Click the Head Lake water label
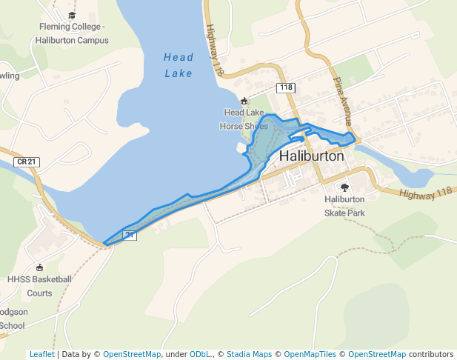pyautogui.click(x=178, y=65)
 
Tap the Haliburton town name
pyautogui.click(x=312, y=157)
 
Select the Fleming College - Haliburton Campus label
pyautogui.click(x=73, y=33)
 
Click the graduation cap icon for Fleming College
pyautogui.click(x=72, y=16)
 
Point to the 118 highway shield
pyautogui.click(x=286, y=88)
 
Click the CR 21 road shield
pyautogui.click(x=26, y=161)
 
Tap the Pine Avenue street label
pyautogui.click(x=345, y=102)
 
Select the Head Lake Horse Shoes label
pyautogui.click(x=244, y=119)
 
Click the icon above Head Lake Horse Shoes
pyautogui.click(x=244, y=101)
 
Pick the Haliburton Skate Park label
pyautogui.click(x=344, y=206)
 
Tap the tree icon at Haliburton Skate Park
pyautogui.click(x=344, y=187)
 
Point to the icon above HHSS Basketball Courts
pyautogui.click(x=39, y=267)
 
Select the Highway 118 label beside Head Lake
pyautogui.click(x=215, y=50)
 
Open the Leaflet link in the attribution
pyautogui.click(x=41, y=354)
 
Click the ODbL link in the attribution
pyautogui.click(x=201, y=354)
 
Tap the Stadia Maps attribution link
pyautogui.click(x=249, y=354)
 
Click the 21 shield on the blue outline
pyautogui.click(x=130, y=236)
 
